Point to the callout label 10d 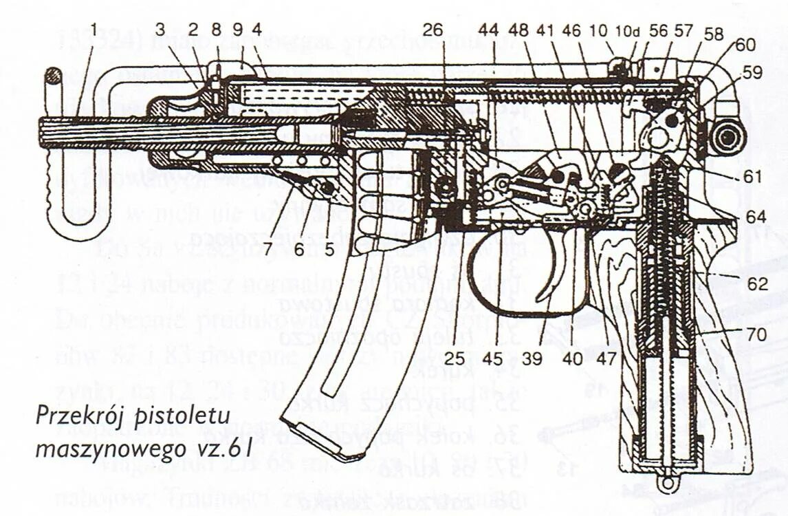626,30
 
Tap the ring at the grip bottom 665,484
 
